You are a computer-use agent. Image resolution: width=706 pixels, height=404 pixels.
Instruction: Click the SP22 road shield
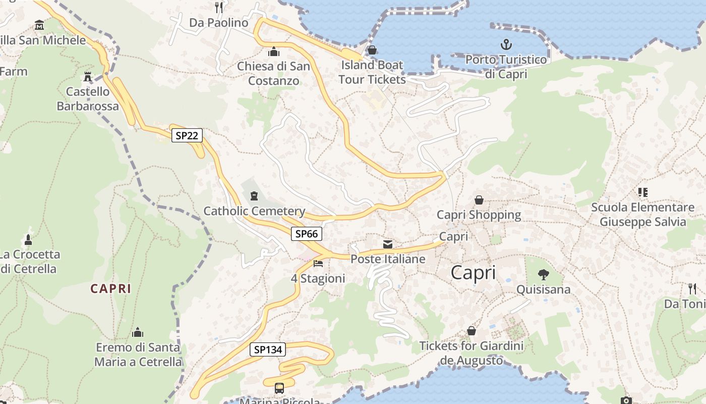tap(187, 135)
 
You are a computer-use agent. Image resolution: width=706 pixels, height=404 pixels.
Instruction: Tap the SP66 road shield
tap(306, 234)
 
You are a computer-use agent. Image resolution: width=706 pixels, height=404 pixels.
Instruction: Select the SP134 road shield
tap(267, 349)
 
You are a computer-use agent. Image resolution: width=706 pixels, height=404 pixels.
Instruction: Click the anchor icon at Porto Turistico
tap(506, 45)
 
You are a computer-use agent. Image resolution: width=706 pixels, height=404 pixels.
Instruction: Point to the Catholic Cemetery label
tap(254, 211)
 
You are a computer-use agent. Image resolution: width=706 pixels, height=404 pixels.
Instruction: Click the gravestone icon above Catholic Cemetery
tap(254, 195)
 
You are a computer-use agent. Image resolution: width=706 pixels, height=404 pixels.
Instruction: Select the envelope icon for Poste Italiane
tap(388, 244)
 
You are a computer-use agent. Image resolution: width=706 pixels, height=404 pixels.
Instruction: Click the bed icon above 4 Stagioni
tap(318, 264)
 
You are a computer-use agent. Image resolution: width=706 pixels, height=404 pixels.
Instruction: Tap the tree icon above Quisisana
tap(543, 275)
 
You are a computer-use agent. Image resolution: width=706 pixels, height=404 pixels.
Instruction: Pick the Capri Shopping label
tap(479, 215)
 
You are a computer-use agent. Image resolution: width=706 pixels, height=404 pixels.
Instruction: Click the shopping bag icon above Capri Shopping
tap(479, 200)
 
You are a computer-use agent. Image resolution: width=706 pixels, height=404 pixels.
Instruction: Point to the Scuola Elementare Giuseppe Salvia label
tap(642, 215)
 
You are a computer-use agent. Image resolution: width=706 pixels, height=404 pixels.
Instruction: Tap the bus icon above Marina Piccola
tap(279, 388)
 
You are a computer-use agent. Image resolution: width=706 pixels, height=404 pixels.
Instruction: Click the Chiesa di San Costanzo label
tap(274, 73)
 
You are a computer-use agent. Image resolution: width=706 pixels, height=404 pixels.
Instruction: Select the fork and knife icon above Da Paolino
tap(219, 7)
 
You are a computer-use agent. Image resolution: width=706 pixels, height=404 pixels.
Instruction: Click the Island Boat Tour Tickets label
tap(372, 72)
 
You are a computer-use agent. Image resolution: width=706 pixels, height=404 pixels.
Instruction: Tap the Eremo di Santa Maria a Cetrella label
tap(138, 355)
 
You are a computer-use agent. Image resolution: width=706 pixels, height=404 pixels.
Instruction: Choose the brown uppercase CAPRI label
tap(111, 289)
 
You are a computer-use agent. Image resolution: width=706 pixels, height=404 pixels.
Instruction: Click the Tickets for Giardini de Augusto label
tap(472, 353)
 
